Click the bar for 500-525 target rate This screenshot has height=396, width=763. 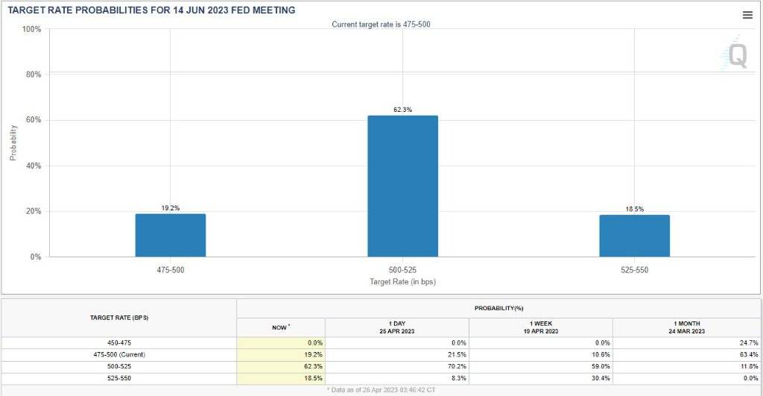(x=402, y=186)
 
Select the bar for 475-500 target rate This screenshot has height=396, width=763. (x=170, y=235)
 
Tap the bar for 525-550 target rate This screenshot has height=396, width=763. (x=634, y=236)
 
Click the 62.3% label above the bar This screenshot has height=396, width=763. (x=402, y=110)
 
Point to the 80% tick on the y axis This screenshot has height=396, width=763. (x=31, y=75)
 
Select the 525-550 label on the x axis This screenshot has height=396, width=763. (x=634, y=269)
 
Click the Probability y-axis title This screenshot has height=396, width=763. (x=13, y=142)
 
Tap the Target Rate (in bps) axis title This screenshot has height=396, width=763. (x=402, y=281)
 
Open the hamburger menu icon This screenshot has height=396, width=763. (x=747, y=15)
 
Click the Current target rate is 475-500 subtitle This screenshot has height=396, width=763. (x=381, y=25)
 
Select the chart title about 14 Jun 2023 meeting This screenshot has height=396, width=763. (x=151, y=10)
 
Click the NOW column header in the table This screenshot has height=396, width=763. (x=280, y=327)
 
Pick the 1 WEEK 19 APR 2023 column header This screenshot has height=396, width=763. (x=540, y=327)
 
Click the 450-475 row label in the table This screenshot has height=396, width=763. (x=118, y=342)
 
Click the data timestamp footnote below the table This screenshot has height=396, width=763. (x=381, y=390)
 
